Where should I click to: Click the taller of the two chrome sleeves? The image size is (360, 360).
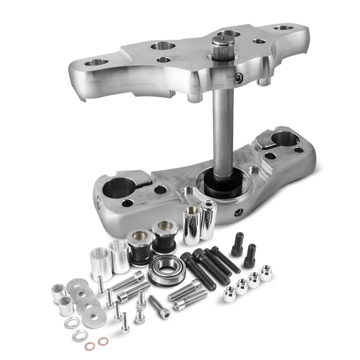pyautogui.click(x=207, y=220)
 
